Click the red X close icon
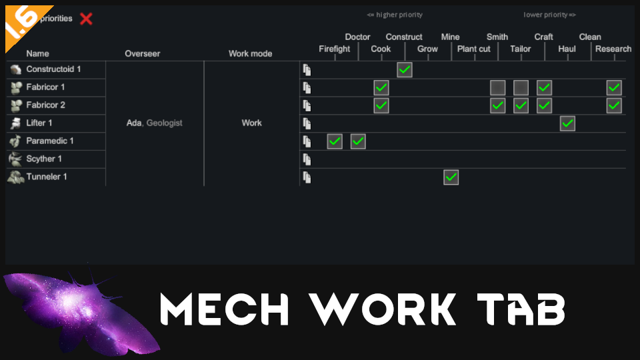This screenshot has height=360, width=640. (x=86, y=19)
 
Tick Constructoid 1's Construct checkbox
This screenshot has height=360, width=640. (x=405, y=70)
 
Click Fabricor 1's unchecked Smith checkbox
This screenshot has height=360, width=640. (x=497, y=87)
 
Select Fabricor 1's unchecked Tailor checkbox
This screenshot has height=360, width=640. (x=521, y=87)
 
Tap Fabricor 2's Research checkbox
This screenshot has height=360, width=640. (x=614, y=105)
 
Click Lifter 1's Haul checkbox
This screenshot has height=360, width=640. (x=567, y=123)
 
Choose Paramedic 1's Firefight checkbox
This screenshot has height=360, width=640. (x=335, y=141)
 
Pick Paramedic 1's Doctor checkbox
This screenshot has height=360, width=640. (x=358, y=141)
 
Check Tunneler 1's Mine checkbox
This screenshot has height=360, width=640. (x=451, y=177)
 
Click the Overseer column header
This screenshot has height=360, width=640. (x=143, y=53)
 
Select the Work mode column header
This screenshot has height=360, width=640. (x=251, y=53)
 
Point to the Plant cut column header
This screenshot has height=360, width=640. (x=474, y=49)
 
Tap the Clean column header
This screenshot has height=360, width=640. (x=590, y=37)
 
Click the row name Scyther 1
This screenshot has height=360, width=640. (x=44, y=159)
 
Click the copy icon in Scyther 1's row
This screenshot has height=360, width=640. (x=307, y=159)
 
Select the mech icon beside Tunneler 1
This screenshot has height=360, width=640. (x=15, y=177)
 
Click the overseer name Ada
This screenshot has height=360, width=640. (x=133, y=123)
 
